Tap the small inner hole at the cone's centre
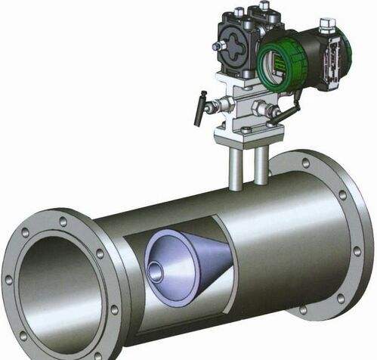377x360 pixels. [x=156, y=268]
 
